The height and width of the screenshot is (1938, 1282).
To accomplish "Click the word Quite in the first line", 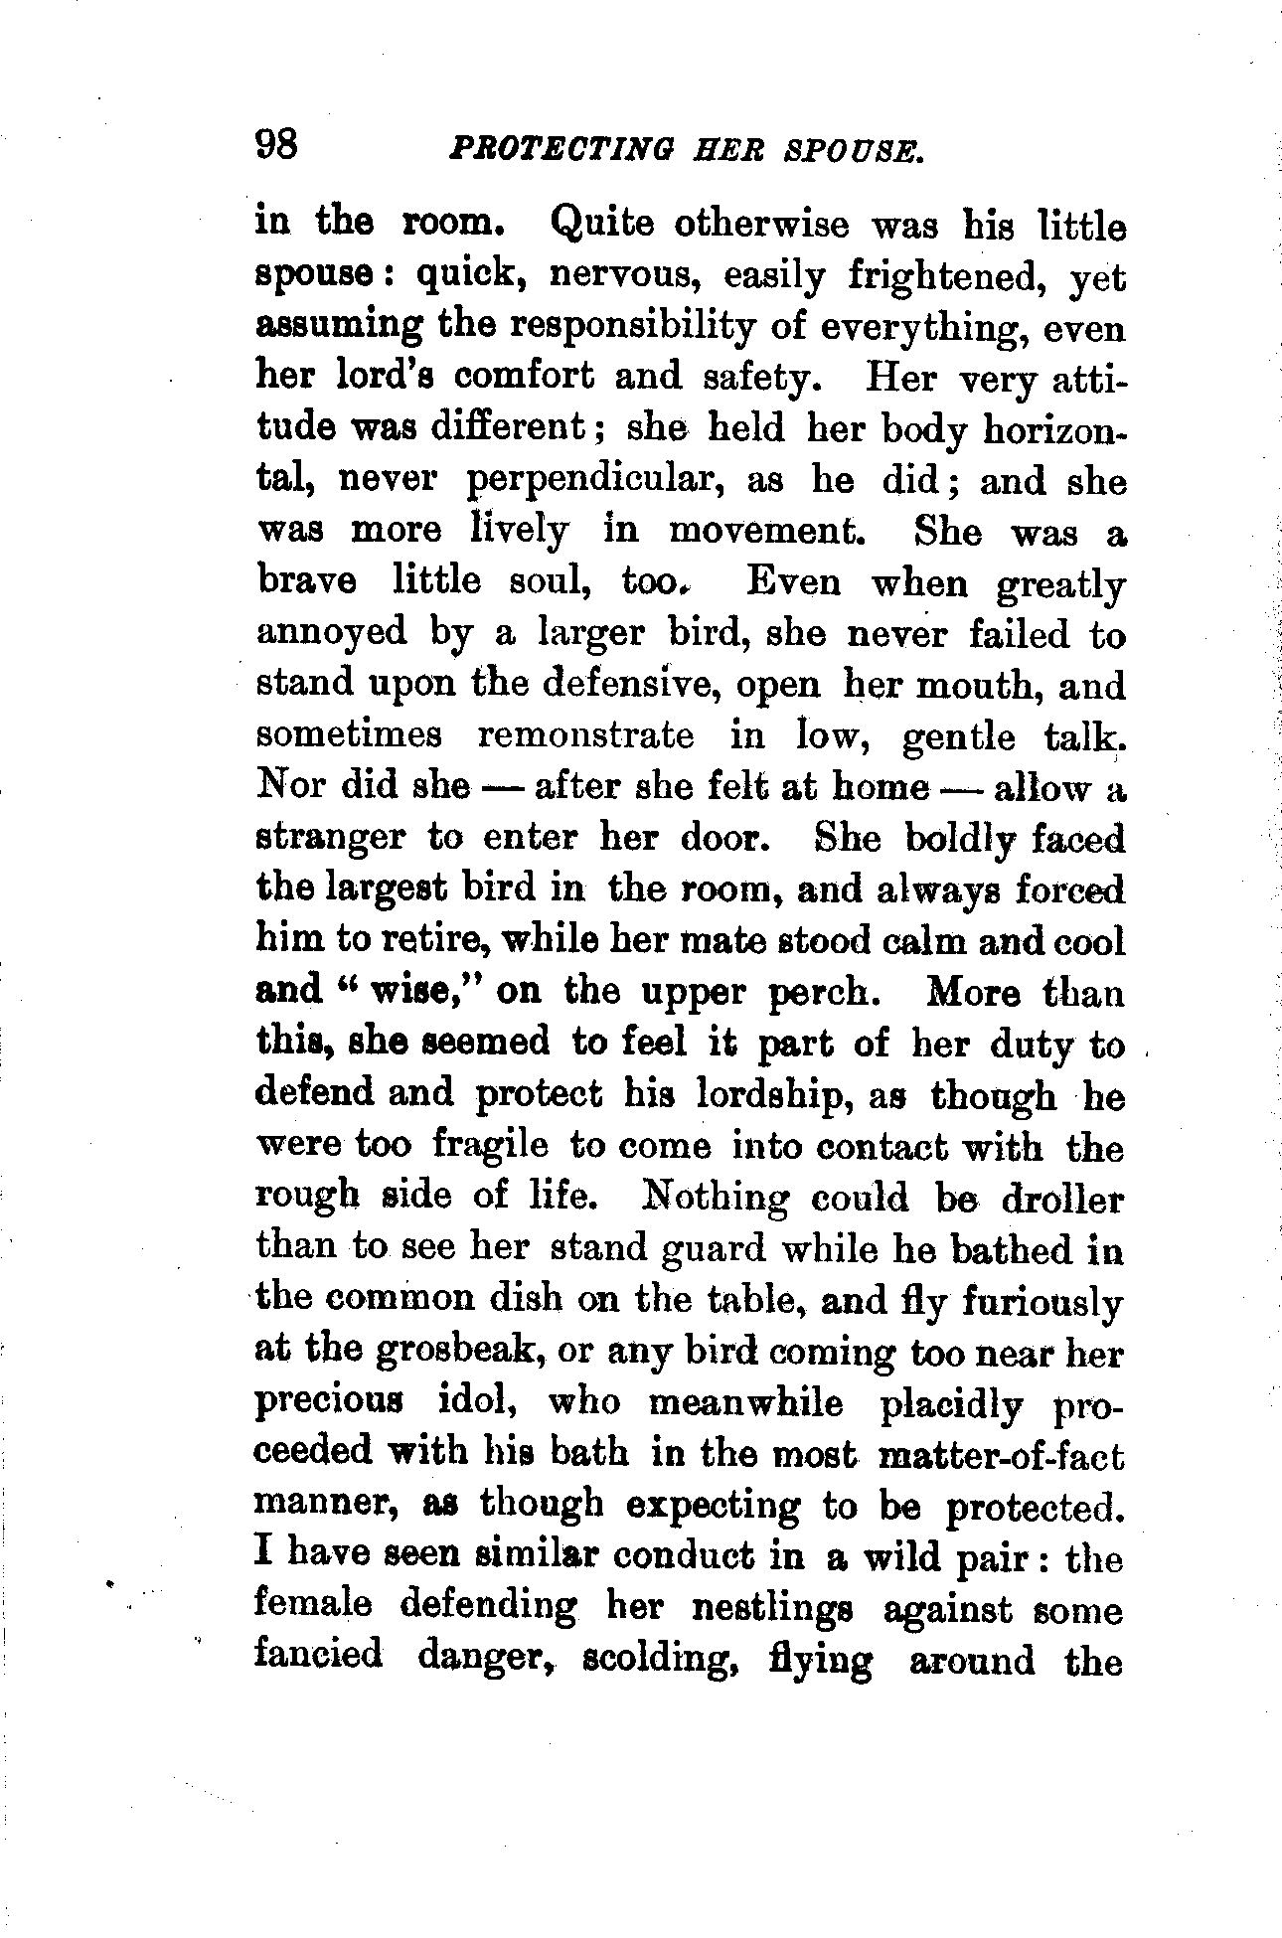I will point(600,226).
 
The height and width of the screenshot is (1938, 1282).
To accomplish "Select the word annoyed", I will point(332,633).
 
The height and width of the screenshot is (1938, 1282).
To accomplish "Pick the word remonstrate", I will point(586,735).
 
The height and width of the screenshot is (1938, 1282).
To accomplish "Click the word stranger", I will point(331,837).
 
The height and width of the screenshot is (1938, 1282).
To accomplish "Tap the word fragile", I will point(490,1145).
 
